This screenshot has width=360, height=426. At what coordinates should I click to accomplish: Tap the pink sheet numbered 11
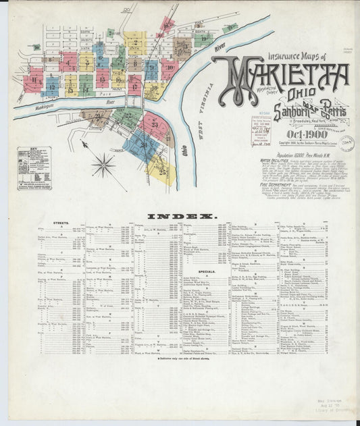pos(32,84)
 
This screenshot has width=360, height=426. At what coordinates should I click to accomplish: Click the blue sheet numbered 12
pos(51,85)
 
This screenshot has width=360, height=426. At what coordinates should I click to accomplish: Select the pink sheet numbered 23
pos(155,126)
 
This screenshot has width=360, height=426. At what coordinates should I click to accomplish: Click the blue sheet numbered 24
pos(143,144)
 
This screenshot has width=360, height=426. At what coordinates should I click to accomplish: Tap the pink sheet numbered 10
pos(168,67)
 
